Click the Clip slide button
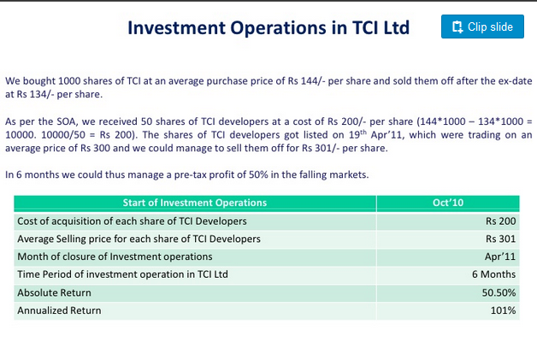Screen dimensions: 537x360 [x=482, y=27]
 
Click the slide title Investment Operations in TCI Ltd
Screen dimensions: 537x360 [x=268, y=27]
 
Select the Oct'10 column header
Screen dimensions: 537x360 [x=447, y=203]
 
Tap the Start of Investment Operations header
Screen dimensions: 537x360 [x=194, y=203]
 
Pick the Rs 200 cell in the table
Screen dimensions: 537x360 [x=500, y=221]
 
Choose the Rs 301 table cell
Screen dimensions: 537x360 [x=500, y=239]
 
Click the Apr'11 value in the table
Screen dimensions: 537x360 [x=500, y=257]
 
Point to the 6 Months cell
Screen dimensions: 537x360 [x=493, y=274]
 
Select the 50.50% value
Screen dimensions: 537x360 [x=499, y=292]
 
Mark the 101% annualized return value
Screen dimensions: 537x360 [x=503, y=310]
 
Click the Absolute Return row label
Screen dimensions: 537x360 [x=54, y=292]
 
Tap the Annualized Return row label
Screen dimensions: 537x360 [x=59, y=310]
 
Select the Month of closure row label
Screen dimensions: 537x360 [x=115, y=257]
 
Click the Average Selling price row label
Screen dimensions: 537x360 [x=139, y=239]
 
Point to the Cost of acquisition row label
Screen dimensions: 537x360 [x=132, y=221]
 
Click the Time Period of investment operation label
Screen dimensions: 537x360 [x=122, y=274]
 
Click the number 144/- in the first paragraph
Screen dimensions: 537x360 [x=311, y=81]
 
